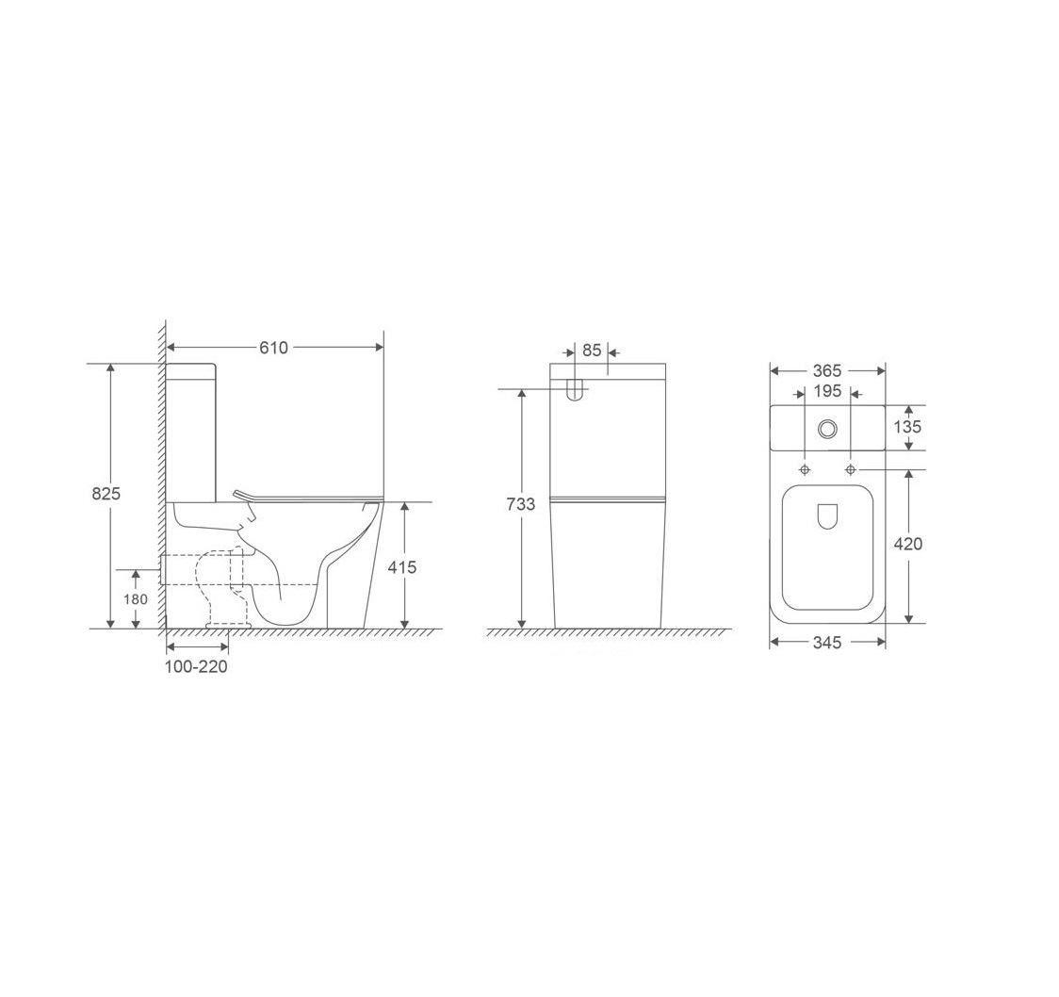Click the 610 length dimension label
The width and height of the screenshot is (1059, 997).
point(273,348)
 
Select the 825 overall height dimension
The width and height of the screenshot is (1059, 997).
point(106,494)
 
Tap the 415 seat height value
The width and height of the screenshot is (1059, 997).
point(402,567)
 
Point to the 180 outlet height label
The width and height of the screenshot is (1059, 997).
point(135,599)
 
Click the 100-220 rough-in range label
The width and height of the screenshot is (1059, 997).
point(197,666)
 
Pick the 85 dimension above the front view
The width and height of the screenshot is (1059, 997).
point(592,351)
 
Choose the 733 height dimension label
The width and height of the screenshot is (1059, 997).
point(521,504)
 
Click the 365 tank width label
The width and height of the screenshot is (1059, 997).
point(826,371)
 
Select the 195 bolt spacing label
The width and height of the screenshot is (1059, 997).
point(826,391)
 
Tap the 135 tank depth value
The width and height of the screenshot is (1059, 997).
point(907,427)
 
